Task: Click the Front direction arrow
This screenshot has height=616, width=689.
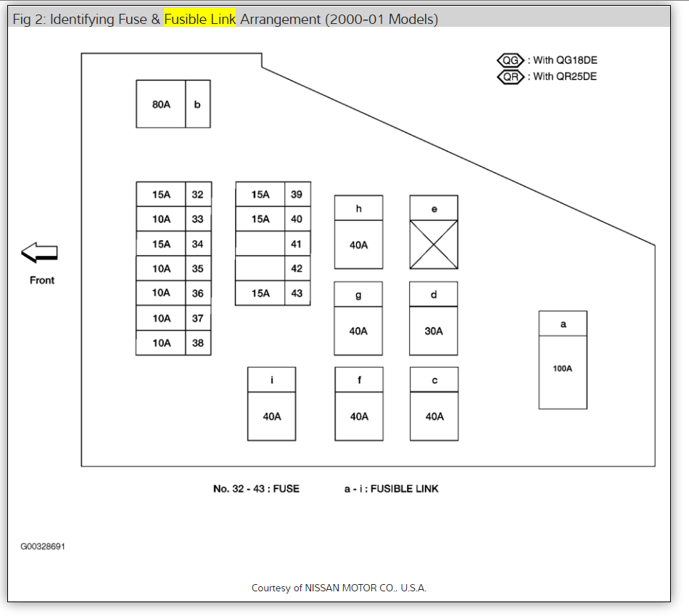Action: [x=39, y=252]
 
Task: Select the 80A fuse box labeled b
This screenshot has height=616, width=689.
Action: [x=161, y=104]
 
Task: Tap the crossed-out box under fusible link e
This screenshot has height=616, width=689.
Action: [x=434, y=245]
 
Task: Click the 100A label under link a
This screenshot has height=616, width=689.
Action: [x=562, y=369]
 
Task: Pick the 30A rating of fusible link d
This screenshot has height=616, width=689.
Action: [x=434, y=331]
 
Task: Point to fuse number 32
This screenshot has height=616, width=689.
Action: [x=197, y=194]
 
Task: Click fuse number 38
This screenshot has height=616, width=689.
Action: [x=197, y=343]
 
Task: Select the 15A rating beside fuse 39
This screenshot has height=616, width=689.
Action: [x=260, y=194]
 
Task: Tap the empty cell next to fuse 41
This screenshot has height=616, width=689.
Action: [x=260, y=244]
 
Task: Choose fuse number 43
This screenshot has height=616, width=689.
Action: [x=297, y=293]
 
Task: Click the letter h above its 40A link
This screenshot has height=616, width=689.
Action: [x=358, y=208]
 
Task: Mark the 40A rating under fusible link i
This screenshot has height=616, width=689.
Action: [x=272, y=416]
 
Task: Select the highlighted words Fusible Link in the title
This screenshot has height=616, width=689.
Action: [x=200, y=19]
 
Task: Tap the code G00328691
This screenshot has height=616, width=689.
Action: [x=43, y=546]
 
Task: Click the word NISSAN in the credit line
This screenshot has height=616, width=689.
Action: [x=331, y=588]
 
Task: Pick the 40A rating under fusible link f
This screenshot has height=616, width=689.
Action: [x=359, y=416]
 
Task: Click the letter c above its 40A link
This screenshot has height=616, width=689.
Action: [x=434, y=380]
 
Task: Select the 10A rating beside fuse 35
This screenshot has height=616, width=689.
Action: [x=161, y=268]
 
